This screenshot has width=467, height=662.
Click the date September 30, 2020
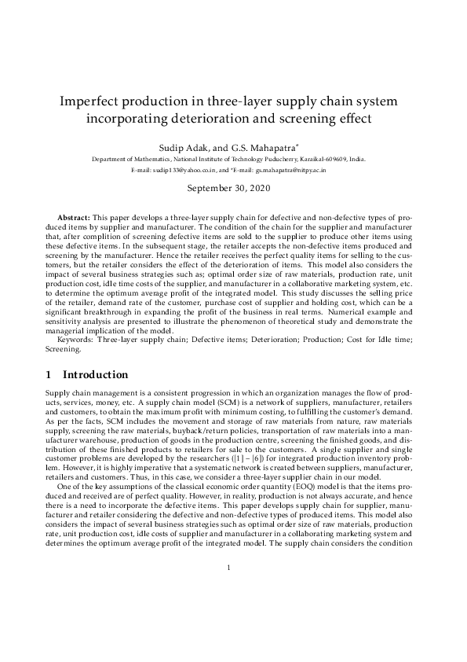pyautogui.click(x=233, y=189)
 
